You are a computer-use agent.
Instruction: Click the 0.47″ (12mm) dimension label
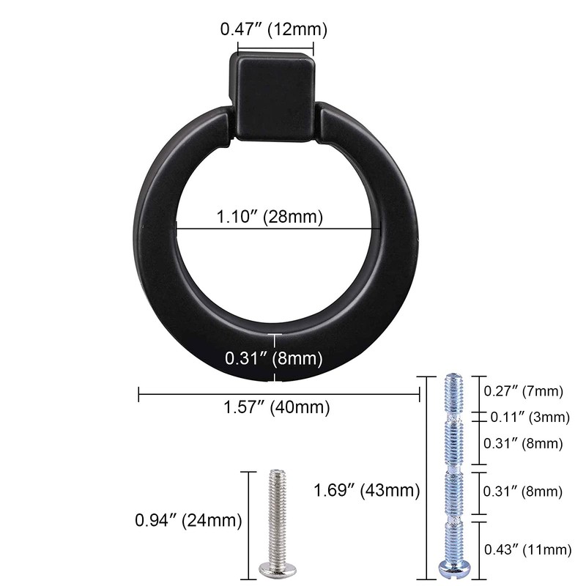(x=273, y=30)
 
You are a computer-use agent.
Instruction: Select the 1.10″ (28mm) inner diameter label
(x=269, y=218)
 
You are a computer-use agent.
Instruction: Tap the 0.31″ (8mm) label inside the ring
(x=274, y=358)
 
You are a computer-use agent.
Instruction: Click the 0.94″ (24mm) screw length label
(x=188, y=521)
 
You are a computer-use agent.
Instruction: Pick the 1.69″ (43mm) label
(x=366, y=490)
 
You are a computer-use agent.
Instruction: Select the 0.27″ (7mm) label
(x=523, y=391)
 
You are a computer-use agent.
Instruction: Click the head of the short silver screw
(x=275, y=565)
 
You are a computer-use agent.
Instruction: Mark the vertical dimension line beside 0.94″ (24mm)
(x=247, y=521)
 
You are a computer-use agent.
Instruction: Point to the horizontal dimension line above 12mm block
(x=275, y=50)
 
